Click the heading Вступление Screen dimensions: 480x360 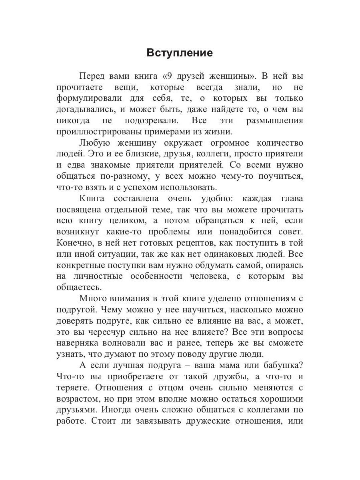tap(180, 53)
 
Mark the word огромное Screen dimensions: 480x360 tap(228, 143)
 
